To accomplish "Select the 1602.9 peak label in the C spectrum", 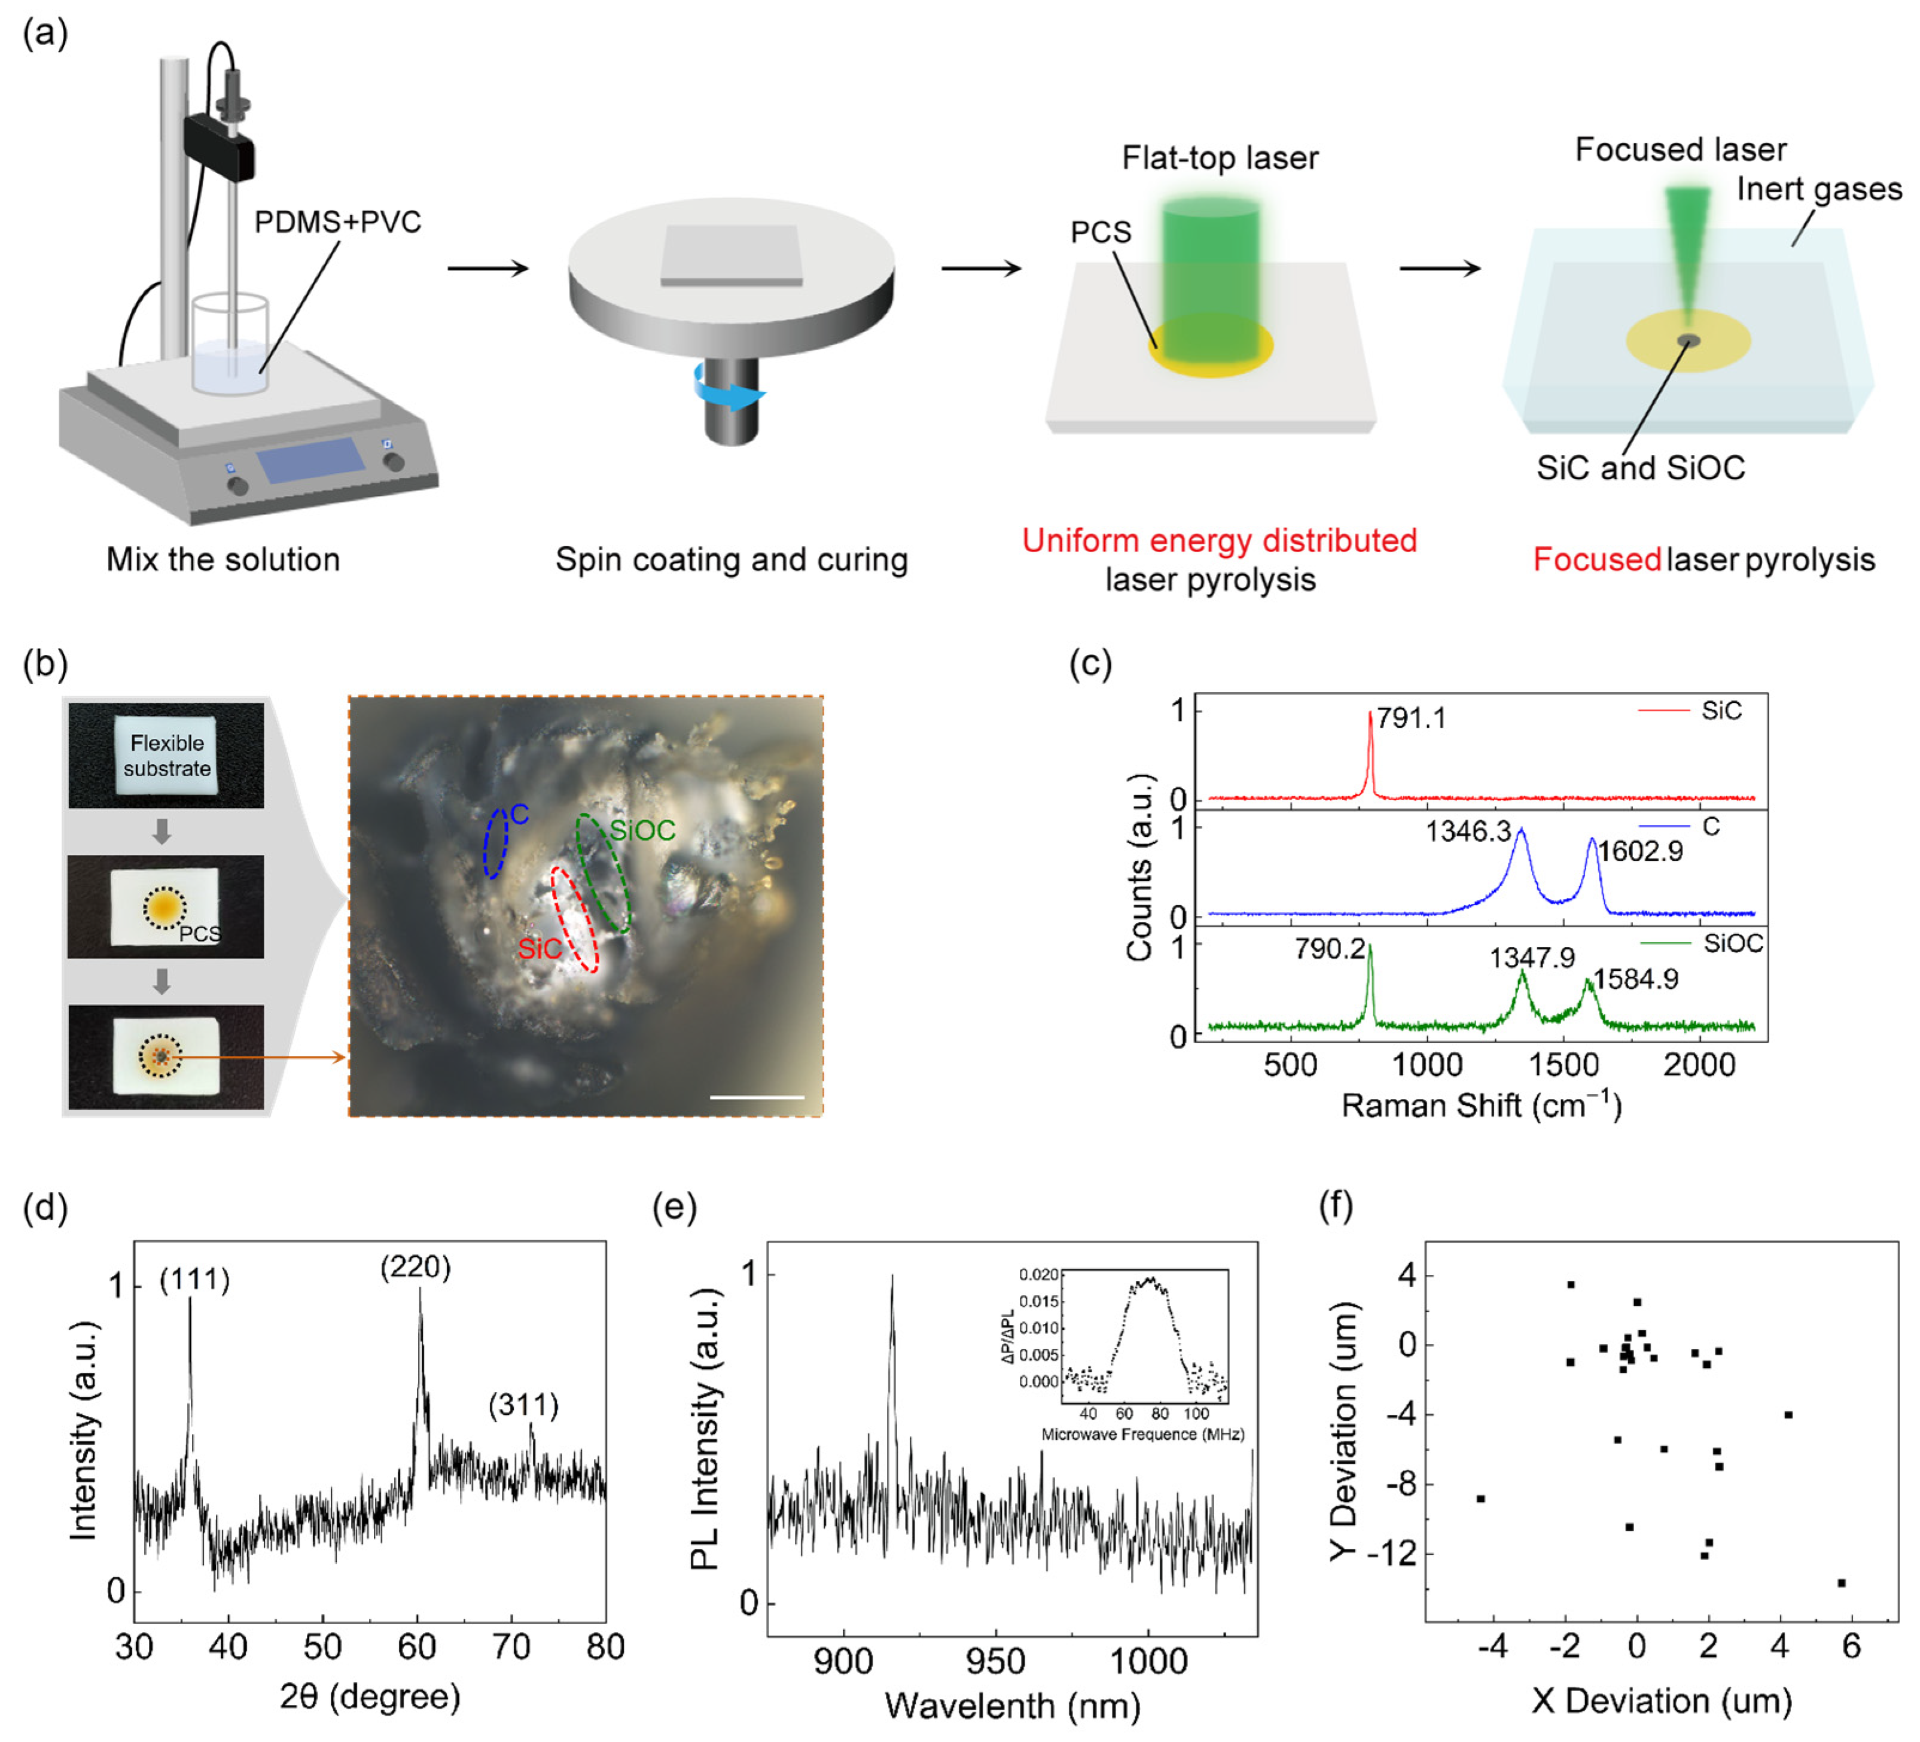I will coord(1640,851).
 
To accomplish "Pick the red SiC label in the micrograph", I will coord(539,949).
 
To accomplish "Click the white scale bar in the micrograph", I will coord(757,1097).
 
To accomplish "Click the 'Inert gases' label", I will coord(1819,188).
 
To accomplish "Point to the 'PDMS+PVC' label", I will coord(337,222).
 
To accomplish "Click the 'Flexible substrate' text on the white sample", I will coord(167,756).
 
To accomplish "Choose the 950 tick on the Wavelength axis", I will coord(995,1662).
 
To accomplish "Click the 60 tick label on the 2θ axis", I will coord(416,1647).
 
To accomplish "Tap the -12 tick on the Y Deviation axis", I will coord(1391,1554).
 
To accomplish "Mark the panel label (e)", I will coord(674,1206).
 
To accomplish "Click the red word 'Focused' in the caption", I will coord(1597,559).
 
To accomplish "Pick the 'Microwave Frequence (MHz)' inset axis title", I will coord(1143,1435).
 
